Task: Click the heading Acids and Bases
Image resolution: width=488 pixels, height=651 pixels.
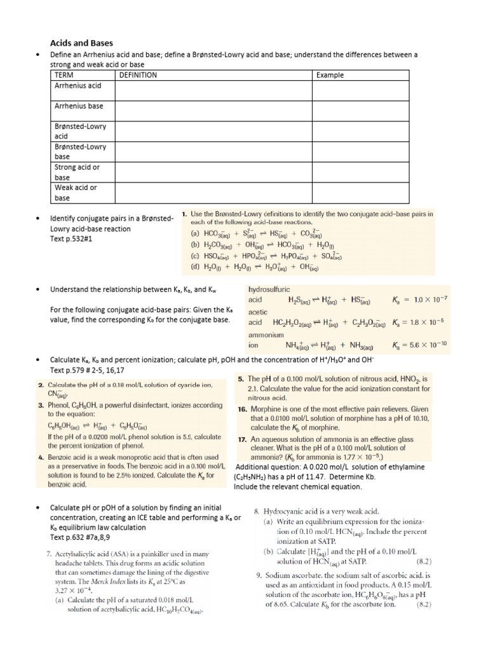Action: pos(81,43)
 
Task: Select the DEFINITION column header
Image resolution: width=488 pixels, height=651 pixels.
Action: pos(138,75)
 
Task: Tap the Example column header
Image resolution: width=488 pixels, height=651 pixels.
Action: pos(330,75)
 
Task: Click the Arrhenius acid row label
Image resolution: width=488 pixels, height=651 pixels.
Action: pos(78,85)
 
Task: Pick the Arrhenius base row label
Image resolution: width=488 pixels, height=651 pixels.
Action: pos(78,106)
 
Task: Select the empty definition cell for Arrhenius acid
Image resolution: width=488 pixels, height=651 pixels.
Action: pos(213,90)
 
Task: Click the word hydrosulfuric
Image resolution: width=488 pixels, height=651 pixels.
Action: pos(269,289)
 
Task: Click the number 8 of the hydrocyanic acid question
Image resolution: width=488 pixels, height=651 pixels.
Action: pos(257,511)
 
